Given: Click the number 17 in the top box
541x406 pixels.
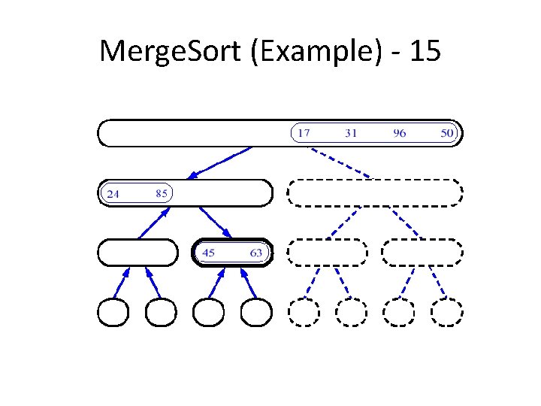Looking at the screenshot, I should coord(302,133).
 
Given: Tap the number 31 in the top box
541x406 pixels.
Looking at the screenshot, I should coord(351,133).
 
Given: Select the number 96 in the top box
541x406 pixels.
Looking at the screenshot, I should coord(399,133).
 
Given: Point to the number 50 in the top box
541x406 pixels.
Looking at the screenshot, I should coord(448,133).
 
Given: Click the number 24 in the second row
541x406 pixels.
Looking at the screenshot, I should coord(113,193).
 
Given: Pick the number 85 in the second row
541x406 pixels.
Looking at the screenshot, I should coord(161,192).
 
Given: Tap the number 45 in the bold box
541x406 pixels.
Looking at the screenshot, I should coord(208,253).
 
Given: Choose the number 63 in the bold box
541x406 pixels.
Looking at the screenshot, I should coord(256,253).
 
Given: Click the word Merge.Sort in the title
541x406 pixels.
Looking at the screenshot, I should coord(162,51).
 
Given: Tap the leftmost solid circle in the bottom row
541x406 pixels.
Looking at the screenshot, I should coord(113,313).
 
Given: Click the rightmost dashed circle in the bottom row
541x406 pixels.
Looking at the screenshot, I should coord(447,313).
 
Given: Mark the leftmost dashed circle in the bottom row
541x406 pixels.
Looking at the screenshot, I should coord(304,313).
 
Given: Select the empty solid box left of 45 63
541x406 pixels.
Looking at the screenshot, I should coord(138,253).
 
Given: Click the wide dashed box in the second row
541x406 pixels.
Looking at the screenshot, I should coord(374,192).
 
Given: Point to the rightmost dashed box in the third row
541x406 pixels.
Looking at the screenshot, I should coord(422,253).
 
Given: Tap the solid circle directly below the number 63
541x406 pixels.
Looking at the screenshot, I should coord(255,313).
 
